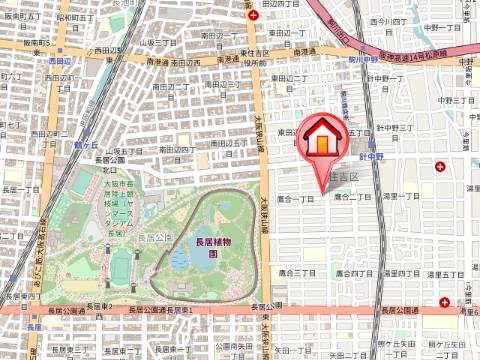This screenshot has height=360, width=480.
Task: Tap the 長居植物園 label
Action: [x=207, y=247]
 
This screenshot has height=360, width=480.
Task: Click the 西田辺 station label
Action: [x=60, y=60]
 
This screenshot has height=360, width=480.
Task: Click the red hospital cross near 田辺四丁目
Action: [x=253, y=14]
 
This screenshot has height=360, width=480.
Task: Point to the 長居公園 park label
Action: [x=154, y=238]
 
